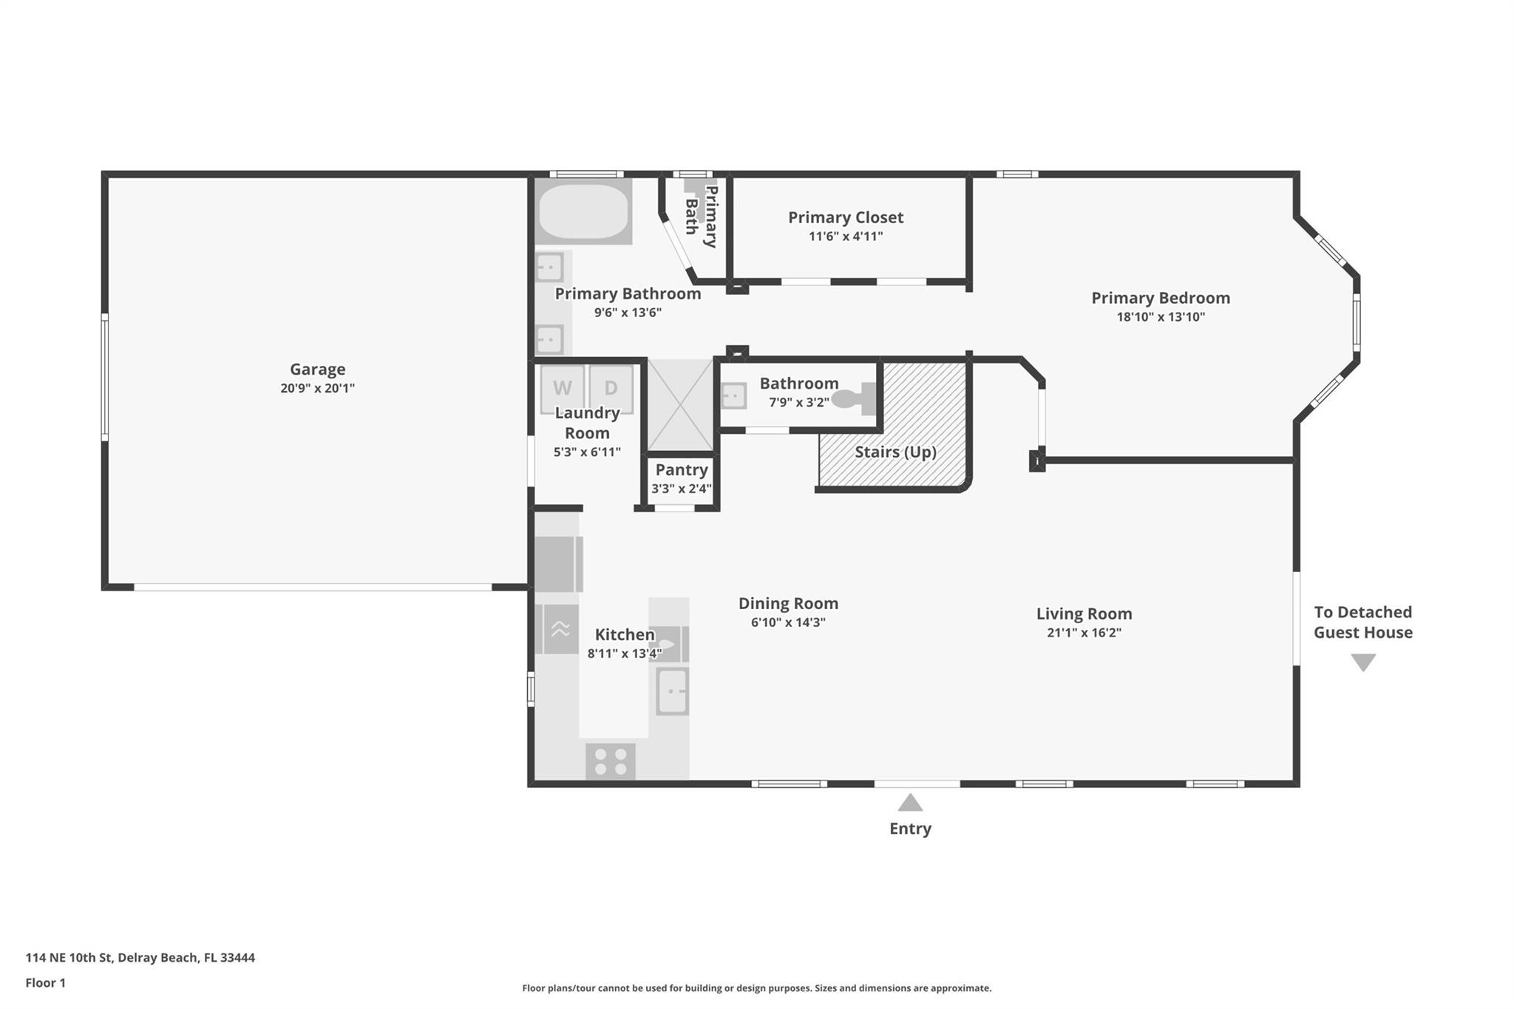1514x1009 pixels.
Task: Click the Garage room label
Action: coord(317,369)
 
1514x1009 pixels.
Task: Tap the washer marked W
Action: coord(562,388)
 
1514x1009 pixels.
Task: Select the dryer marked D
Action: coord(611,388)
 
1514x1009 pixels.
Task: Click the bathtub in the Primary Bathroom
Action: coord(583,211)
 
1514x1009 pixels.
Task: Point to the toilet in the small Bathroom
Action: coord(855,399)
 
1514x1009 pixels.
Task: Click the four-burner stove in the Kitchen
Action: coord(611,761)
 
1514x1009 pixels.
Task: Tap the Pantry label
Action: coord(682,469)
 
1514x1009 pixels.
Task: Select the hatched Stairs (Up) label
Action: coord(895,452)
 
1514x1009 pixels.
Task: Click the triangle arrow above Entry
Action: coord(910,802)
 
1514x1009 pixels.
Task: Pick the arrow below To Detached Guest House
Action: coord(1363,662)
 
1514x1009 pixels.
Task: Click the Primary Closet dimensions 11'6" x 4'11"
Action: coord(846,237)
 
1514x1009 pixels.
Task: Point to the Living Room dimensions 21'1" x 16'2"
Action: coord(1084,633)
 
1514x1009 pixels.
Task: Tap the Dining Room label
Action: coord(788,603)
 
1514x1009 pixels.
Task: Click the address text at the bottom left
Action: coord(140,957)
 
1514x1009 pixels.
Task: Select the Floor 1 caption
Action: coord(45,982)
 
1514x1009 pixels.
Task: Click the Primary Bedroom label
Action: coord(1161,298)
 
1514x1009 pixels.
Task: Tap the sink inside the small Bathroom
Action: coord(733,395)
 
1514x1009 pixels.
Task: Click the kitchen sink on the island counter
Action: coord(673,691)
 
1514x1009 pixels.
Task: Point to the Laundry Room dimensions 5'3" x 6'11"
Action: coord(587,452)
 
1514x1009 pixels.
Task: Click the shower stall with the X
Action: coord(680,405)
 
